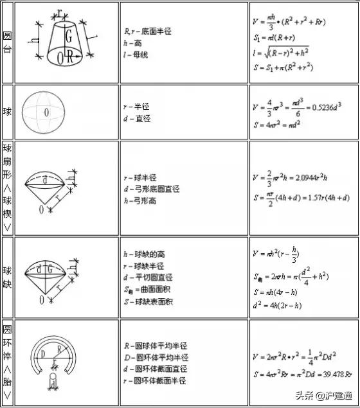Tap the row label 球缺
pos(8,277)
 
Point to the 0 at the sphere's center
pos(46,112)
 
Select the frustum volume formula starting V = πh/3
pos(289,24)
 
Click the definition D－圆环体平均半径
pos(156,357)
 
